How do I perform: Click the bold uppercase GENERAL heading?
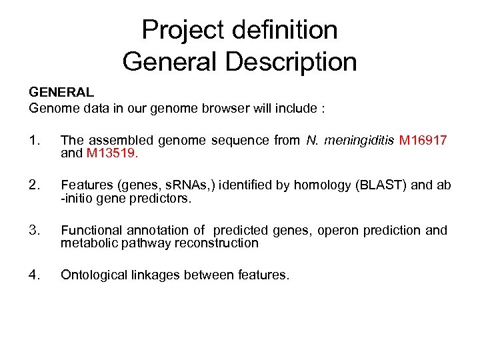click(x=61, y=93)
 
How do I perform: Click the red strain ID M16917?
click(x=423, y=140)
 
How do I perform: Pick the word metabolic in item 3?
click(x=87, y=243)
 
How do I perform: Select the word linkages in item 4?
click(x=157, y=275)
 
